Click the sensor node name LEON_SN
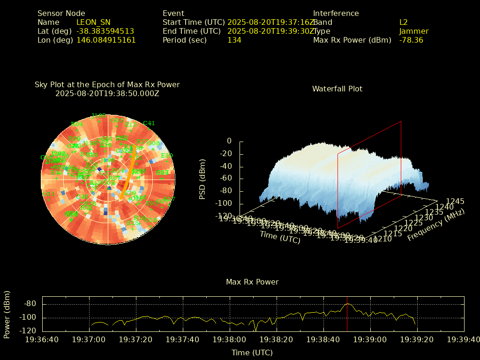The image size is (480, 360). click(x=93, y=22)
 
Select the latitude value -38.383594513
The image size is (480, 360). click(x=105, y=31)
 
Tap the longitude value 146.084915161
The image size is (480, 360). click(x=106, y=40)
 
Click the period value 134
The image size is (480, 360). click(x=234, y=40)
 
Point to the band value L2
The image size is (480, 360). click(x=404, y=22)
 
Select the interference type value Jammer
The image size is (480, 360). click(x=414, y=31)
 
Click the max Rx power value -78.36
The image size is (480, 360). click(x=411, y=40)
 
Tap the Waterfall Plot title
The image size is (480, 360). click(x=337, y=89)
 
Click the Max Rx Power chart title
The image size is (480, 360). click(x=252, y=282)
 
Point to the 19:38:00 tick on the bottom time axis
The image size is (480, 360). click(x=230, y=339)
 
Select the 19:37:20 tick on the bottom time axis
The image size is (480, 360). click(x=136, y=339)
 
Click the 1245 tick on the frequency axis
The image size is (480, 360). click(x=455, y=202)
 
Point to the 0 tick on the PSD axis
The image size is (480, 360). click(x=229, y=141)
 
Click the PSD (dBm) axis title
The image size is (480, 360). click(x=202, y=178)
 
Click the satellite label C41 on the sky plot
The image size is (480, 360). click(x=149, y=123)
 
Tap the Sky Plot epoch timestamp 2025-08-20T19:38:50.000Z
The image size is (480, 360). click(x=107, y=94)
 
